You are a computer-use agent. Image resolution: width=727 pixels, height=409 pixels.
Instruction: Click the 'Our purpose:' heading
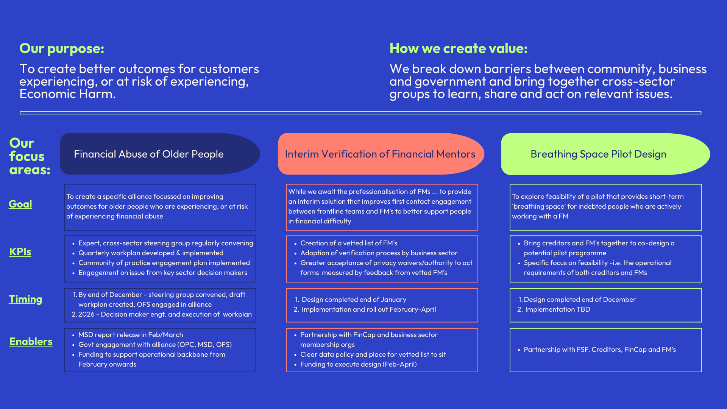62,48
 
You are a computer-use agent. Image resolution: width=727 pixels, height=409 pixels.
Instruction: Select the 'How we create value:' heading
459,48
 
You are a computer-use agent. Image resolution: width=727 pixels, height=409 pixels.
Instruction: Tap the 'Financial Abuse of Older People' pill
160,154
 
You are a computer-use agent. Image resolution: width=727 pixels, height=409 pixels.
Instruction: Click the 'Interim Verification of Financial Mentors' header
381,154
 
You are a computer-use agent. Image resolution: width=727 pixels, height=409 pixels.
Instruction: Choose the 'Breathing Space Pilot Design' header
605,154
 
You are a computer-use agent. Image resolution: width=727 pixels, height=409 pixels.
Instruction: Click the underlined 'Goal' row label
20,204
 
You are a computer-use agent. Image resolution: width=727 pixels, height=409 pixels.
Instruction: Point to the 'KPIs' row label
20,252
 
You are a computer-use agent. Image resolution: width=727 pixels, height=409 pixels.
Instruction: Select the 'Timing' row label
25,299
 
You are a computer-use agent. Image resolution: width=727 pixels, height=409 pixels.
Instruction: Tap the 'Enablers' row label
31,342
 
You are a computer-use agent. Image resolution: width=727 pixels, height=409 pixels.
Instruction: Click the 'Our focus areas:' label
30,156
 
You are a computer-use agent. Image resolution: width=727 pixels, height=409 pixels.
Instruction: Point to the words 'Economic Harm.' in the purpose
67,94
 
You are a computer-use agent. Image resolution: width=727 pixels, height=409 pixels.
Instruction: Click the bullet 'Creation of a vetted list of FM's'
349,243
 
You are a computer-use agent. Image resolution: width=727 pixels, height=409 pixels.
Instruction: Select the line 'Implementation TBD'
557,309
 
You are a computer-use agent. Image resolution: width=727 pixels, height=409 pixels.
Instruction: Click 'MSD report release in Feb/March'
131,335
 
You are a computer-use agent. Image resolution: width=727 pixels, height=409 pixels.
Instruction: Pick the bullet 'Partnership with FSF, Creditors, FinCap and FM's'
600,350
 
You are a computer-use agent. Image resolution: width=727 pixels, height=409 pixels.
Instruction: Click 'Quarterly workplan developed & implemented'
151,253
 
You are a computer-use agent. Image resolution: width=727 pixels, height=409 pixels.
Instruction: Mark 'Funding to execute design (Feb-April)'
359,364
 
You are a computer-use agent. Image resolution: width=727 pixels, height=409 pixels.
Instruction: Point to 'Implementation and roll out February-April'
369,309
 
